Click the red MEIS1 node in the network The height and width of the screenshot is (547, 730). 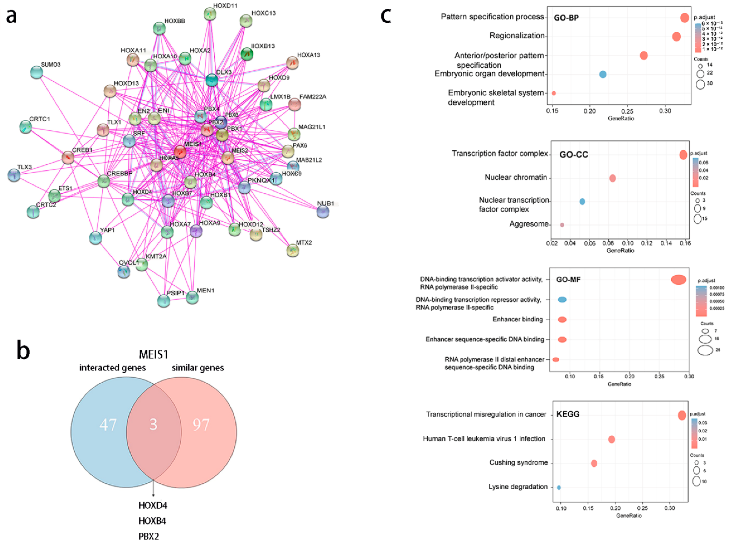[x=180, y=152]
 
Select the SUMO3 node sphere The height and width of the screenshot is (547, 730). [x=36, y=72]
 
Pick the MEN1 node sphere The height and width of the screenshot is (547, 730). [x=192, y=298]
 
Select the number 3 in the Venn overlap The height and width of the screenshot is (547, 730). [x=153, y=424]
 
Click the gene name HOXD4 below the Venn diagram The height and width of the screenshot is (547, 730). [x=153, y=506]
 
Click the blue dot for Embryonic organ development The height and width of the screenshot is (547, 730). [x=603, y=74]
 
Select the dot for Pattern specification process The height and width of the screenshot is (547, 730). [x=684, y=18]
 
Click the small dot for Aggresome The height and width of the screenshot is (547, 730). [x=562, y=225]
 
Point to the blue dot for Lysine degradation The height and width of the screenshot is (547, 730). [x=559, y=487]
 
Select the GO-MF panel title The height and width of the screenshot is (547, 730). [x=568, y=280]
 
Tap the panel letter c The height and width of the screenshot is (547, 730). [x=386, y=16]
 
